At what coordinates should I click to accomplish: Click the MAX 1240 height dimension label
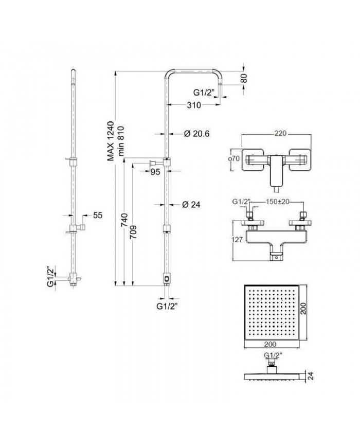(111, 141)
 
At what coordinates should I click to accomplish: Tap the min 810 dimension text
(121, 141)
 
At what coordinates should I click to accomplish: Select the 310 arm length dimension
(194, 105)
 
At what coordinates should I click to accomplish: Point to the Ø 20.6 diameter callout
(196, 133)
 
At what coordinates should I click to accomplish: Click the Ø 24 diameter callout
(191, 204)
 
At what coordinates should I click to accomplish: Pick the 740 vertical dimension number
(124, 220)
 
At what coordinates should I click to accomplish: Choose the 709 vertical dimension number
(134, 233)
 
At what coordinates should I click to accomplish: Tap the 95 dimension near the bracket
(155, 172)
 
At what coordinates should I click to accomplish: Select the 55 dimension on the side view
(98, 215)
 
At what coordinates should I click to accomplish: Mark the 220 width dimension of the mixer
(280, 133)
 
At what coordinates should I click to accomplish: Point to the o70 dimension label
(235, 159)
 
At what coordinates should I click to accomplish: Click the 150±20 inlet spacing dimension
(277, 202)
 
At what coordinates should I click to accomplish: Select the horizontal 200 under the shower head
(270, 344)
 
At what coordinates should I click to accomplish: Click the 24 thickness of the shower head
(311, 376)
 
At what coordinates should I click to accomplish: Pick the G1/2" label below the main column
(167, 307)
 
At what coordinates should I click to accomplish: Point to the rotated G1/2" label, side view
(51, 277)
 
